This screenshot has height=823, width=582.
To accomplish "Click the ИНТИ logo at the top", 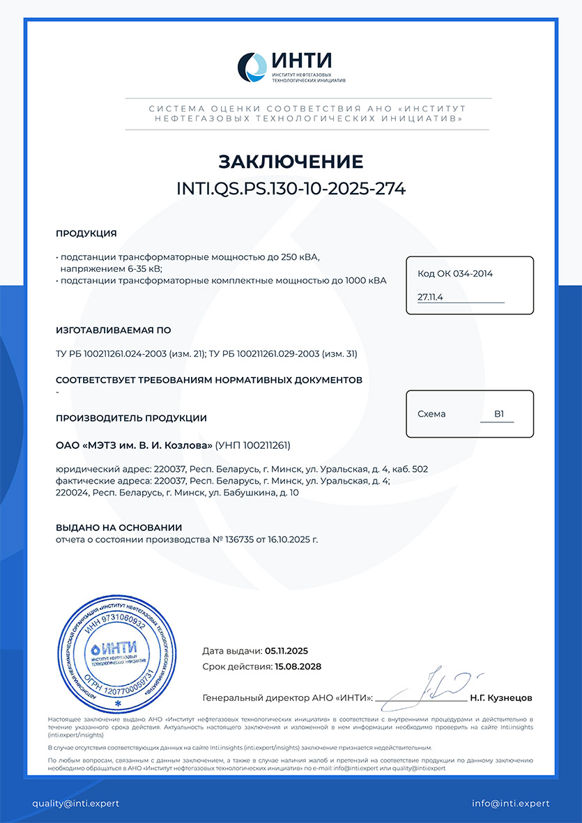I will tap(291, 68).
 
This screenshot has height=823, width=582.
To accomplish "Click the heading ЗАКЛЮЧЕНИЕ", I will tap(291, 162).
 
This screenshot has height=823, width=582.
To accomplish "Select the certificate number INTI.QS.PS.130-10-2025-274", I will tap(291, 188).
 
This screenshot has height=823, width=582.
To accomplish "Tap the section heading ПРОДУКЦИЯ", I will tap(86, 233).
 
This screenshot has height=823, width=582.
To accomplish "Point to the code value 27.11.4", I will tap(431, 297).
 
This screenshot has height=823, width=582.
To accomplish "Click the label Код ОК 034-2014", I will tap(455, 274).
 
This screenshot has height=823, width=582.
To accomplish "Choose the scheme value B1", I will tap(499, 414).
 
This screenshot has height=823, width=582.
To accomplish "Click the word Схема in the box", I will tap(431, 414).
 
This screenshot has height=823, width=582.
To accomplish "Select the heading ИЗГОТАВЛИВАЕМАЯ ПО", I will tap(114, 330).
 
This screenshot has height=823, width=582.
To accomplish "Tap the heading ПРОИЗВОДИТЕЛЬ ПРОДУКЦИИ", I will tap(131, 418).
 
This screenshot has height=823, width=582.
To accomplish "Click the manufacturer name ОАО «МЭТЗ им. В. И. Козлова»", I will tap(134, 445).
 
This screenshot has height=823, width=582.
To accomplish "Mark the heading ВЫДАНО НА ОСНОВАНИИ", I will tap(118, 528).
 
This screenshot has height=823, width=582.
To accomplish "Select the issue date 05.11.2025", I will tap(286, 651).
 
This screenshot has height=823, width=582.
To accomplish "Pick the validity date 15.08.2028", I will tap(298, 666).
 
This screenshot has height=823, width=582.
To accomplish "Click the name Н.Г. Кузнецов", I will tap(501, 697).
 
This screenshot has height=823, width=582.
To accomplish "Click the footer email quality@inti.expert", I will tap(75, 803).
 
